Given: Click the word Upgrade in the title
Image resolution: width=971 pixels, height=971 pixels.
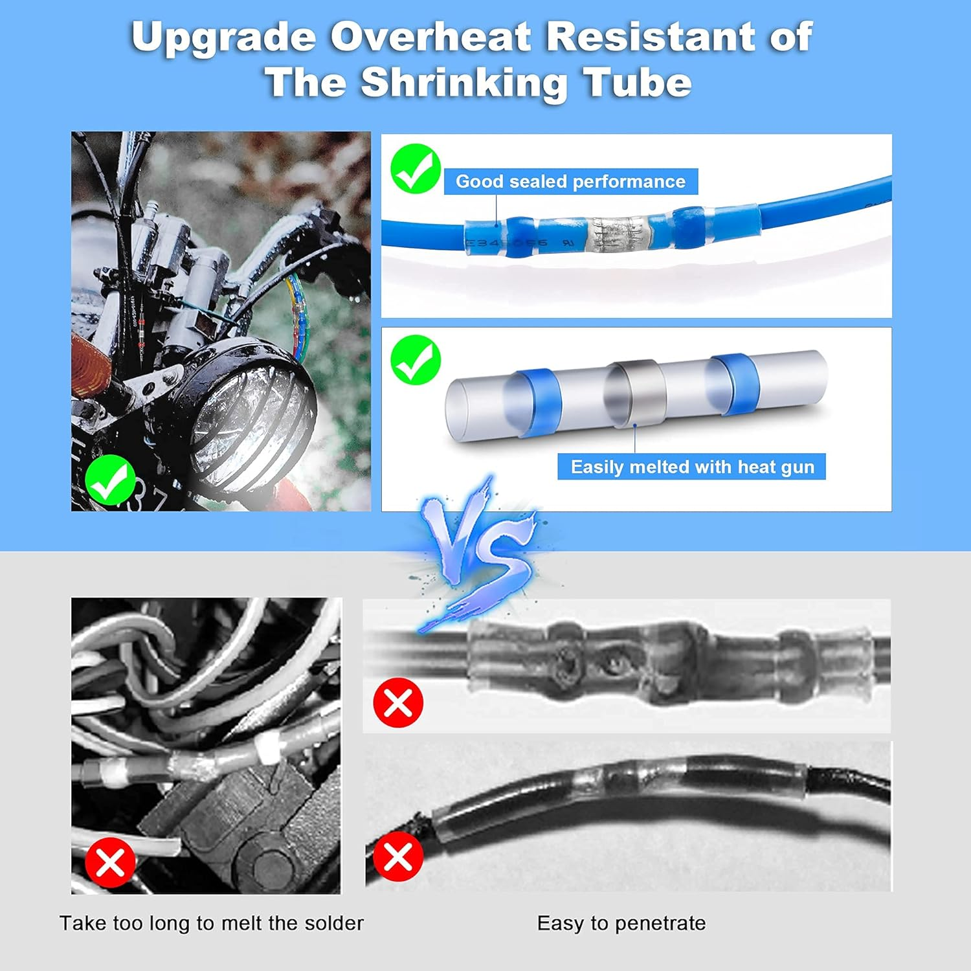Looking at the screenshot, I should [x=223, y=37].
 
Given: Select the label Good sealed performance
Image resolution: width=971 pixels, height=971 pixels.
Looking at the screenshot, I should [x=570, y=181].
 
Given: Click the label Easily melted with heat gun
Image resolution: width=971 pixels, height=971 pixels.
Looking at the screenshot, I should [x=692, y=467].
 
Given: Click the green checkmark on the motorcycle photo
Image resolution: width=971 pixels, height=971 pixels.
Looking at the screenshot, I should [x=110, y=480].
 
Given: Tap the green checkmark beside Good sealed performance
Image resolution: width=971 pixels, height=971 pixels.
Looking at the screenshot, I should [x=416, y=168].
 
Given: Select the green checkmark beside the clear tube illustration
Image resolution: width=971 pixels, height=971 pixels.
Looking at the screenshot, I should [x=416, y=360].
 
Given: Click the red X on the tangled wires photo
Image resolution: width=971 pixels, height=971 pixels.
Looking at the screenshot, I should [x=110, y=862].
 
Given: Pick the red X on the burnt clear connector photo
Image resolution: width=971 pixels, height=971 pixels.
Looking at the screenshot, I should [x=398, y=703].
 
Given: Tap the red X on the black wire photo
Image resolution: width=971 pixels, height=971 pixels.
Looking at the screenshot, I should [x=398, y=857].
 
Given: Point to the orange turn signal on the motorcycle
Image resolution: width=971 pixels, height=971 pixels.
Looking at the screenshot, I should [x=87, y=366].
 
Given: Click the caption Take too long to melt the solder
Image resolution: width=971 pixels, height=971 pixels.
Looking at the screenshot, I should [x=212, y=923].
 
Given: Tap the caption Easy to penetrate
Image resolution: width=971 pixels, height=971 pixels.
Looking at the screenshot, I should [x=621, y=923].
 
